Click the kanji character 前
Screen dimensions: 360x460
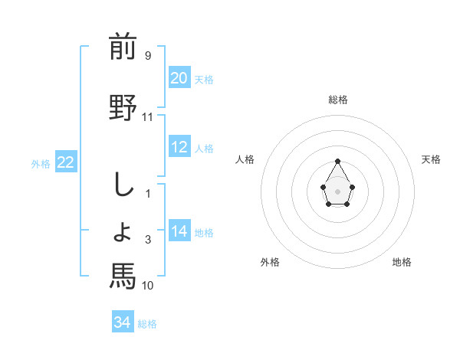(123, 47)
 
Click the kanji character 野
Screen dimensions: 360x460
(123, 107)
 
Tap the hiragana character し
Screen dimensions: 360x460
(122, 185)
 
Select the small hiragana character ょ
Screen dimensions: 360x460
(122, 233)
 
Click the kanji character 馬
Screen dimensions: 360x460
(123, 276)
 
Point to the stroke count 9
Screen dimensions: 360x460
(147, 56)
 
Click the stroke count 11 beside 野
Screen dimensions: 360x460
(148, 117)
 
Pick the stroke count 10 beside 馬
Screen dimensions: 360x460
(148, 286)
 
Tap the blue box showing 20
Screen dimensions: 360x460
(179, 78)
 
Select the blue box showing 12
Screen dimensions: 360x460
(179, 147)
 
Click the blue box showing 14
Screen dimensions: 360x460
(179, 231)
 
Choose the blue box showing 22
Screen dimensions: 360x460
(65, 162)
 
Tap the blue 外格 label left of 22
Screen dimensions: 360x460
(41, 163)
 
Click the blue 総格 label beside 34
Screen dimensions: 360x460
(147, 324)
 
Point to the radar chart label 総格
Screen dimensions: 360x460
(338, 100)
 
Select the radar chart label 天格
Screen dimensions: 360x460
(432, 159)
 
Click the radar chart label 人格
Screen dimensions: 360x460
(245, 159)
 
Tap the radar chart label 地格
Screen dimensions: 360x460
(402, 262)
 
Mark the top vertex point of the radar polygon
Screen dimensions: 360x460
(338, 161)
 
